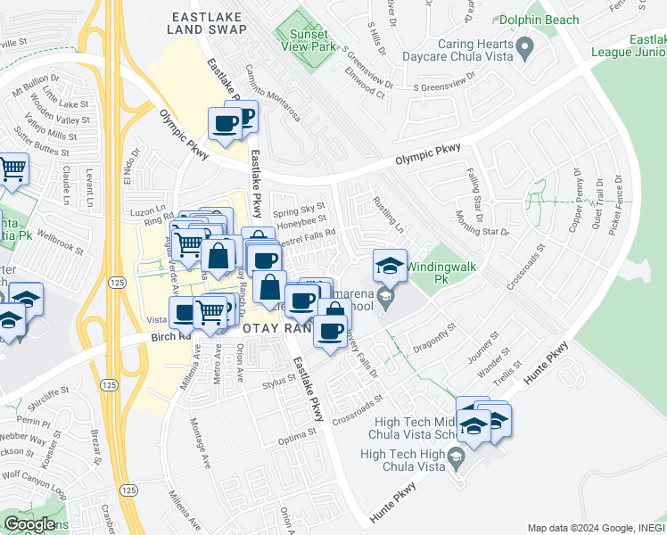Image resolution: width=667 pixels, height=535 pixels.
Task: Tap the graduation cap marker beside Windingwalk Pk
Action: [x=389, y=264]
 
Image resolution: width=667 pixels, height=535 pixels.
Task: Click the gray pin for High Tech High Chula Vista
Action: [x=457, y=459]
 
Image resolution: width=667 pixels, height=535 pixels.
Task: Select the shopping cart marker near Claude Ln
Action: [x=12, y=168]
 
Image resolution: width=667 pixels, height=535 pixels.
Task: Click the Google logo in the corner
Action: [x=29, y=523]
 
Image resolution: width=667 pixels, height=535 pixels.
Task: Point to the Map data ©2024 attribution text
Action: [x=594, y=528]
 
